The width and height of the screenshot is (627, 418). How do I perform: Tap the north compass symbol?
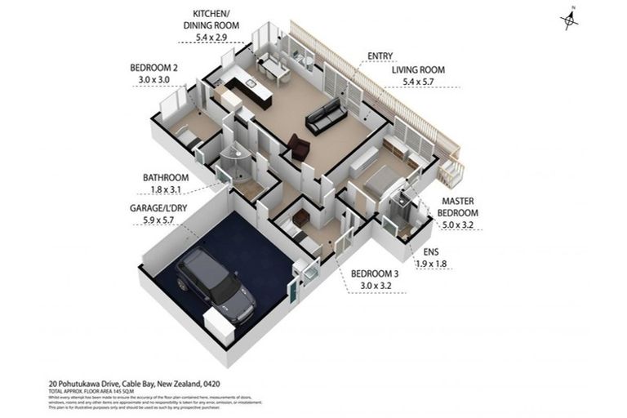point(571,19)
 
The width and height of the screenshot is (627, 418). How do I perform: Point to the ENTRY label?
point(380,56)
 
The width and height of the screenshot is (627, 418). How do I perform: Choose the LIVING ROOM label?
point(417,70)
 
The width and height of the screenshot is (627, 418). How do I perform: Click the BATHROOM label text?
point(166,177)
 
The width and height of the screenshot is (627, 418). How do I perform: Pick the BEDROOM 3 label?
point(376,274)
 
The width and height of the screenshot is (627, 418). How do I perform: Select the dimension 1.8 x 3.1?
point(166,189)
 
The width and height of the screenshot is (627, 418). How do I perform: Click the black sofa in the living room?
point(326,116)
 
